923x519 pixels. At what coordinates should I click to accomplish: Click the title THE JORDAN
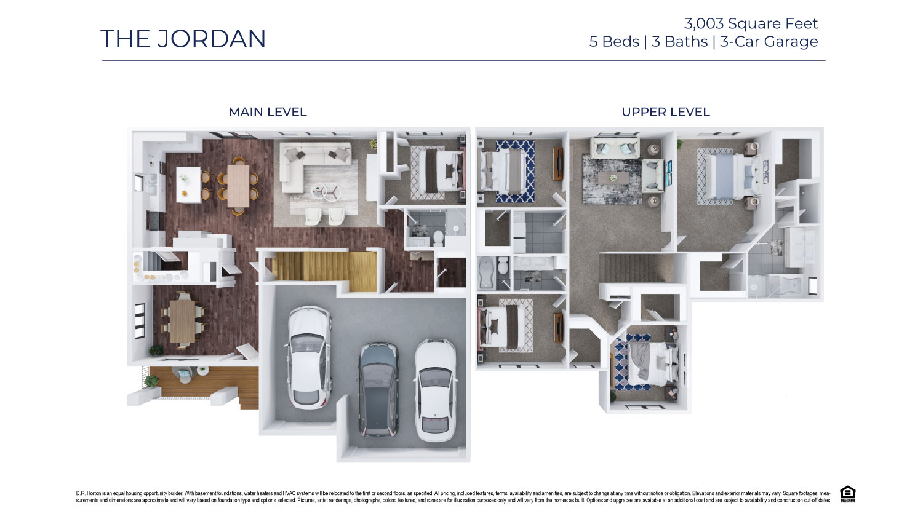[183, 39]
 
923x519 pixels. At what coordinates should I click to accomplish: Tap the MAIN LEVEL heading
[267, 112]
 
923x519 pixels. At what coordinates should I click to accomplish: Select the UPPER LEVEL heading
[665, 112]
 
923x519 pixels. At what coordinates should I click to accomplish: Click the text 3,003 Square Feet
[751, 23]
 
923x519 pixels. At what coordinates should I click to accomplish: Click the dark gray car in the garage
[378, 389]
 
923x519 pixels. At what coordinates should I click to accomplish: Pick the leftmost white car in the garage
[310, 357]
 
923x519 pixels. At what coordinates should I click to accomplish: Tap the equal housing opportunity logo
[847, 493]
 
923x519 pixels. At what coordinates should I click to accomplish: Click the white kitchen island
[188, 184]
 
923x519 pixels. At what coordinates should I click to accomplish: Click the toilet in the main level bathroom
[438, 237]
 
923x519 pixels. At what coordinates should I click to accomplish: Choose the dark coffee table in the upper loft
[612, 177]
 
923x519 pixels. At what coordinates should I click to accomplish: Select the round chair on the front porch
[184, 374]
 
